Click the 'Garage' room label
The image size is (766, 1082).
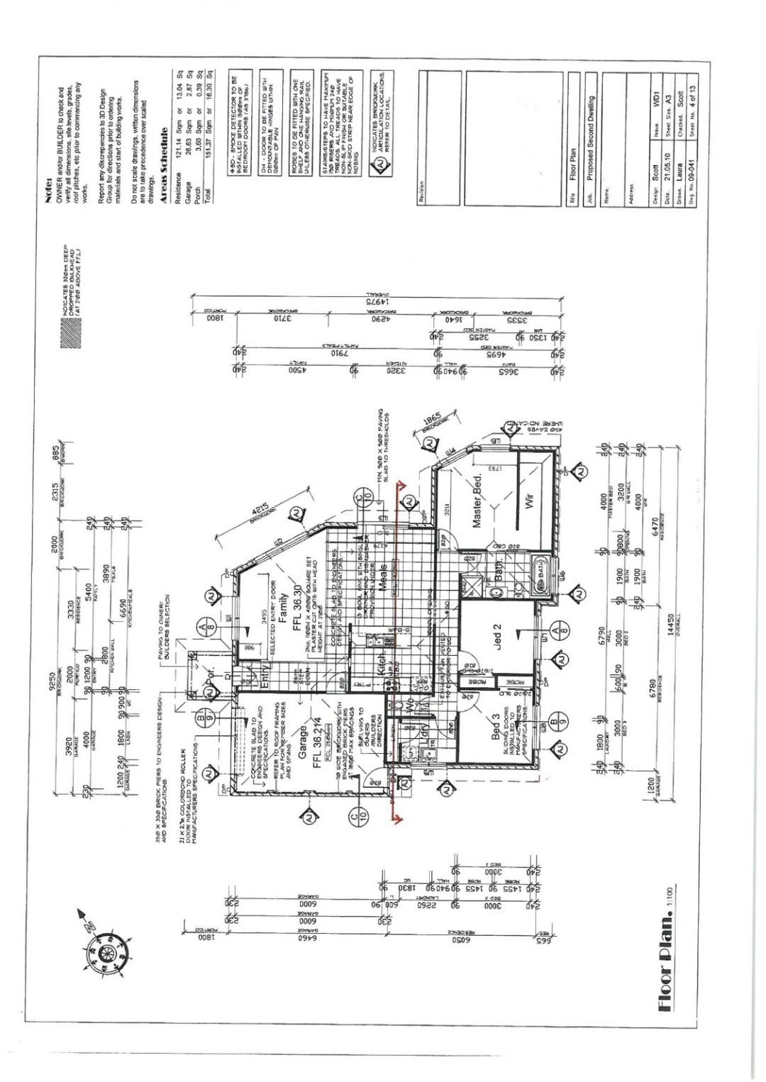303,742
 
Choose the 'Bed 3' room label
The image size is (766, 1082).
497,727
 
